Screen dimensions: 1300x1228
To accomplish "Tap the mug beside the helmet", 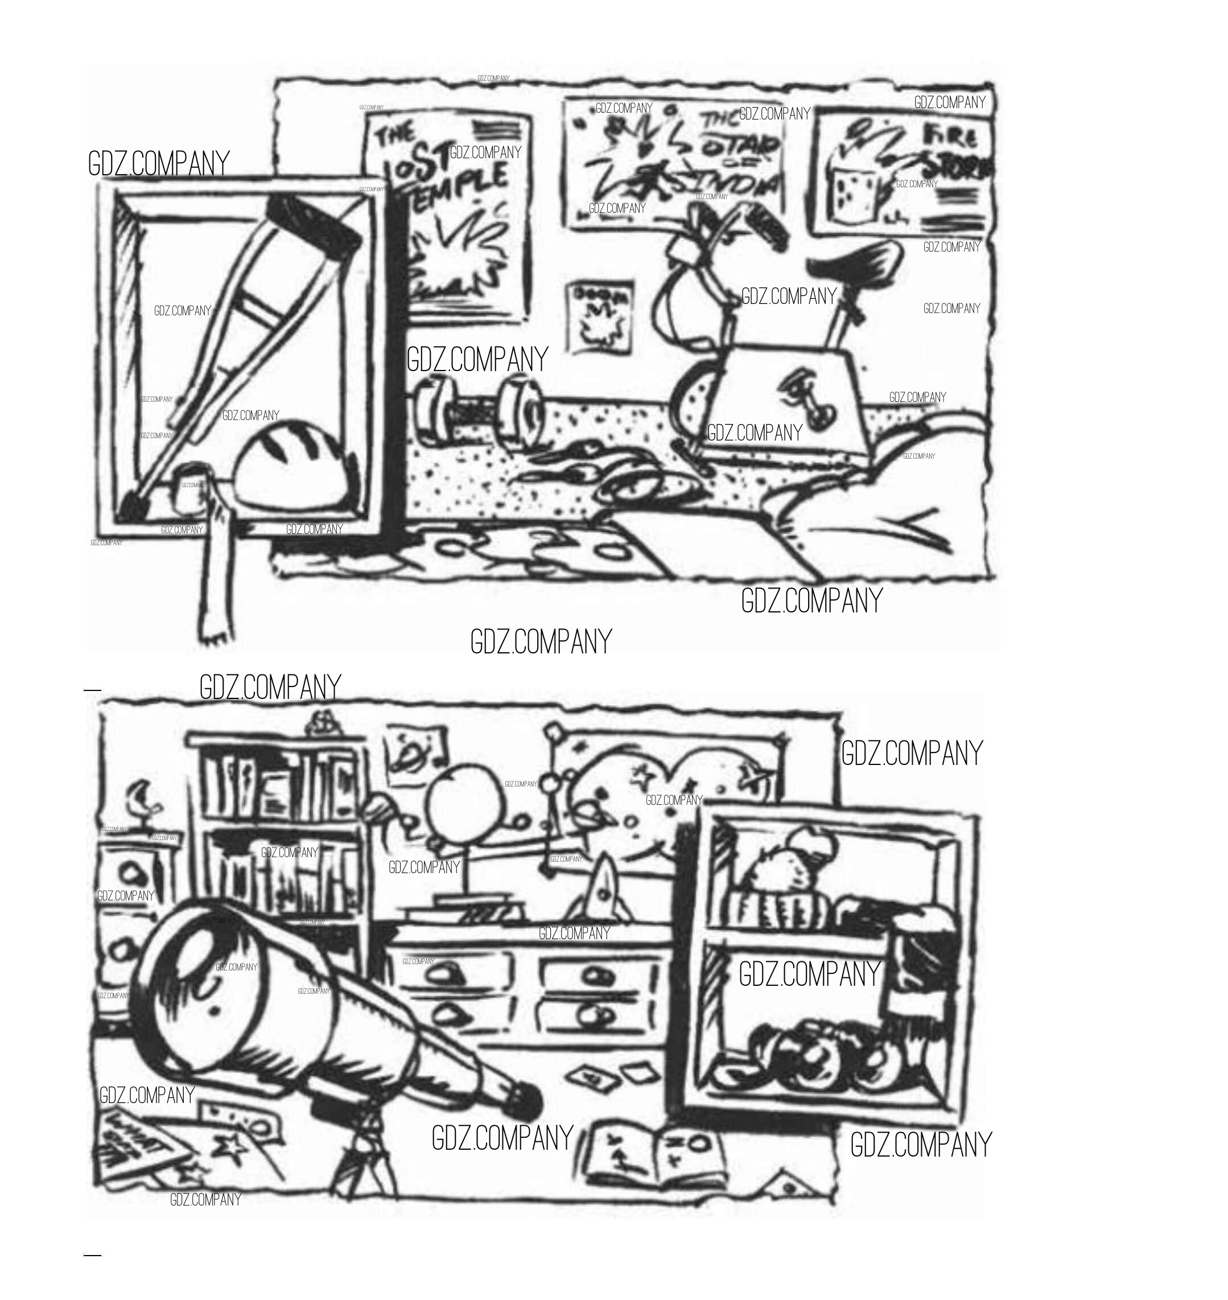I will (x=191, y=487).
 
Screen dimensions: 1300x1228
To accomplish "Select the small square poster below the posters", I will (x=601, y=317).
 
